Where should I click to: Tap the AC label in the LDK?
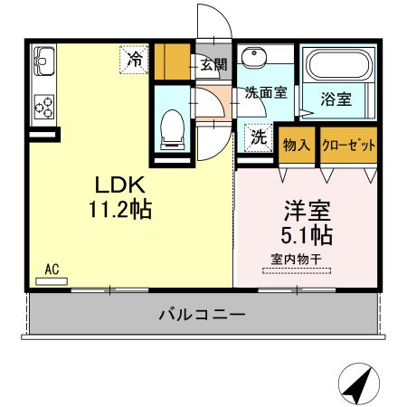[x=52, y=269]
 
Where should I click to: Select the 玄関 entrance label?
[x=214, y=65]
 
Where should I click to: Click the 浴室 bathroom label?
[x=336, y=99]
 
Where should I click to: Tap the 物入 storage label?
[x=297, y=145]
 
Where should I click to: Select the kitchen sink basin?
[x=43, y=62]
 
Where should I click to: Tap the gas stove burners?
[x=43, y=105]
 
